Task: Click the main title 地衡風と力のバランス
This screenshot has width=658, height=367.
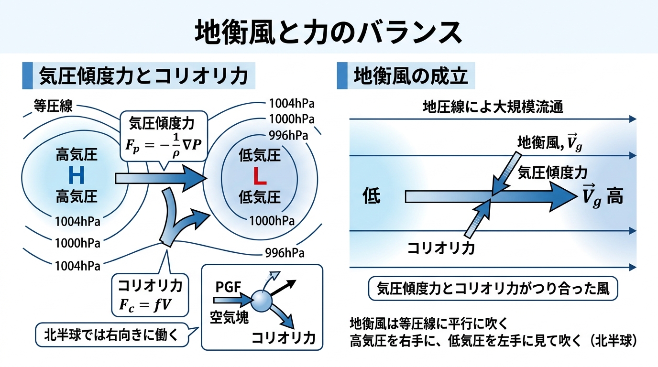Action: coord(329,32)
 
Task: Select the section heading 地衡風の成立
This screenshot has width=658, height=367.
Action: coord(410,76)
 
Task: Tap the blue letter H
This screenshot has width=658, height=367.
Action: coord(77,176)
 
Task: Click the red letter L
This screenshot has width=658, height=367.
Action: coord(259,176)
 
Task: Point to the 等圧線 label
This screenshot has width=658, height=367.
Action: coord(53,106)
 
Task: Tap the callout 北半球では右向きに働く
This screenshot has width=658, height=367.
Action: coord(111,334)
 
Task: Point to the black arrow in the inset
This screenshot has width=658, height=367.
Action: coord(284,288)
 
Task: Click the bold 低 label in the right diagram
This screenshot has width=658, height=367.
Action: coord(372,196)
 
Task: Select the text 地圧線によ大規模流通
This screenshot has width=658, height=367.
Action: coord(493,107)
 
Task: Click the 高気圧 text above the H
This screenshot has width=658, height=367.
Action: coord(77,155)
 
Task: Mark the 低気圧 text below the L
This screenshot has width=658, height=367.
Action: coord(259,197)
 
